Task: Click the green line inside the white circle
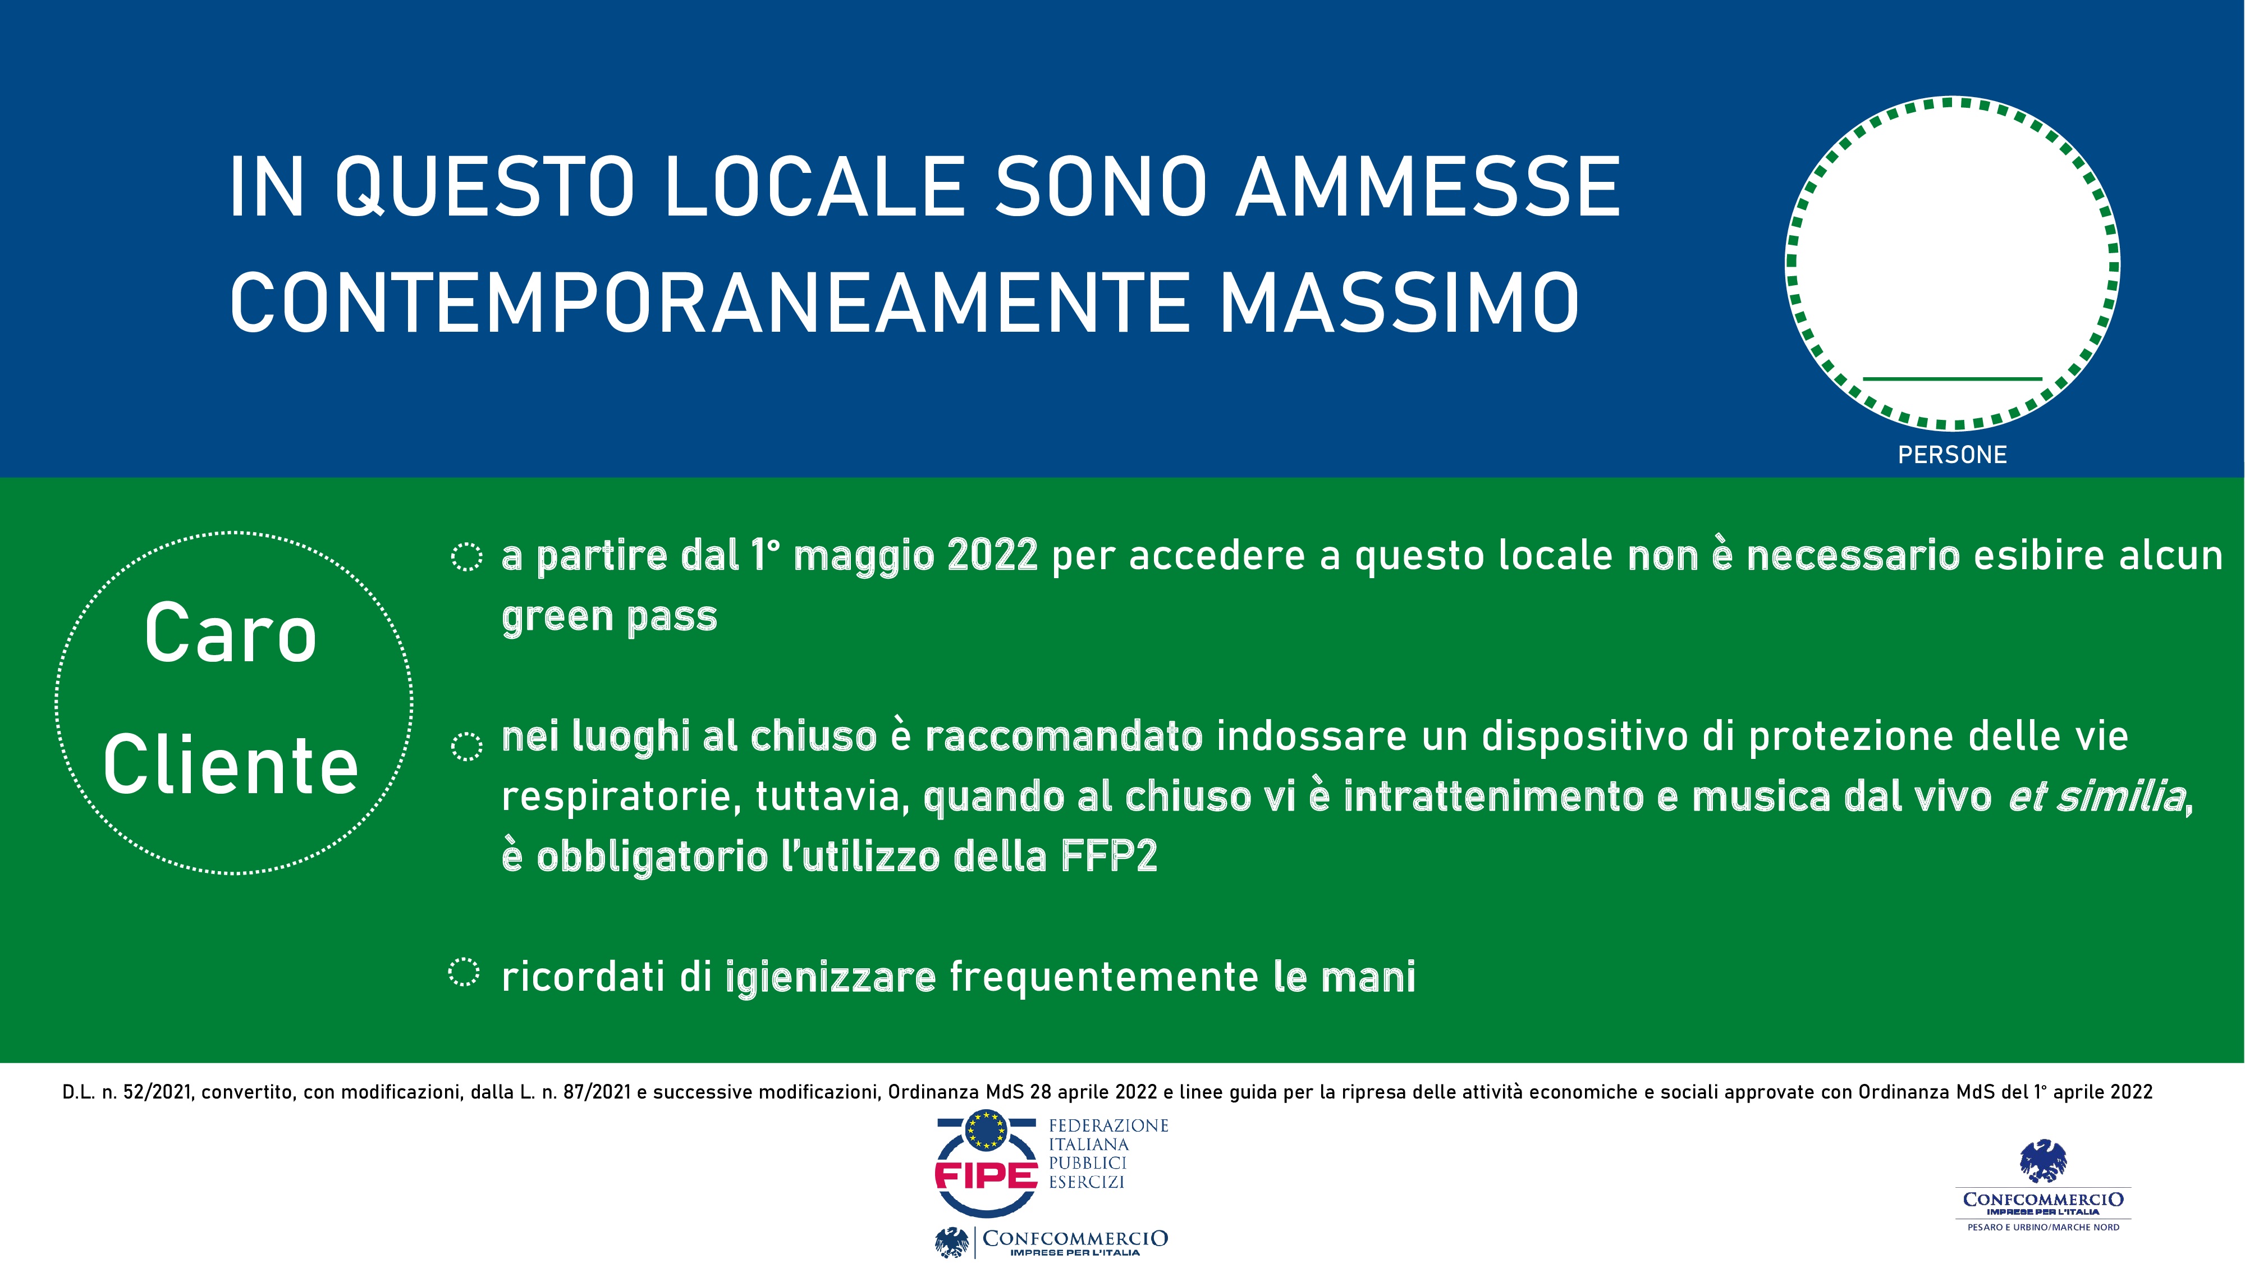(1952, 378)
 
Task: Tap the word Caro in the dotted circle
(231, 634)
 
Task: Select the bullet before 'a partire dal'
(466, 556)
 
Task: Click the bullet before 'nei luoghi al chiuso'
(466, 745)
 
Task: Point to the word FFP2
(1108, 856)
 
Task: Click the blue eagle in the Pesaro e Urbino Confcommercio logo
(2043, 1161)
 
